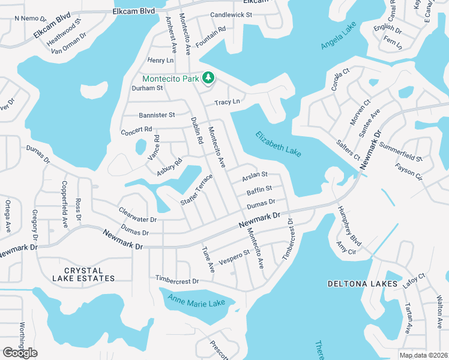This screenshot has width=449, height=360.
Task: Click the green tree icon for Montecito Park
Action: pyautogui.click(x=208, y=77)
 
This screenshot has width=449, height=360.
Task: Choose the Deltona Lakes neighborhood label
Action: pyautogui.click(x=363, y=283)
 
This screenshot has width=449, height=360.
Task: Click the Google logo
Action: pyautogui.click(x=20, y=353)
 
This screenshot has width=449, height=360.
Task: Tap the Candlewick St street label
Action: pyautogui.click(x=231, y=14)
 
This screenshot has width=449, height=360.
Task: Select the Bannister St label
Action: pyautogui.click(x=157, y=115)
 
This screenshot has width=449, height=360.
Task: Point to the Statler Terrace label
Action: pyautogui.click(x=197, y=190)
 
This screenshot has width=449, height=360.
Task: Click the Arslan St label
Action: pyautogui.click(x=254, y=178)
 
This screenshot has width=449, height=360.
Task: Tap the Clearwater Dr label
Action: pyautogui.click(x=137, y=215)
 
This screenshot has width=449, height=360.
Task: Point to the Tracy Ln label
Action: pyautogui.click(x=228, y=102)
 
